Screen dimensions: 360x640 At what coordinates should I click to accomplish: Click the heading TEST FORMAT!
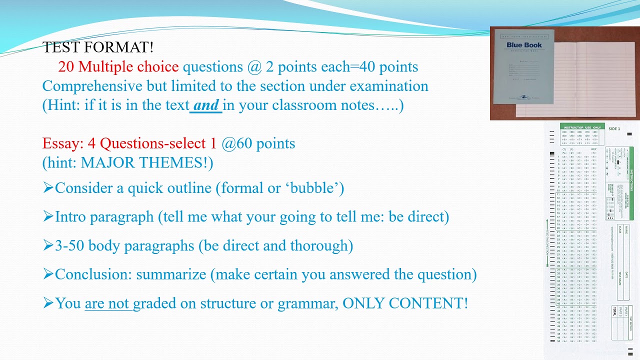click(x=98, y=47)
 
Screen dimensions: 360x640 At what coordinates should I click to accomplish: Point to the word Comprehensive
click(x=92, y=86)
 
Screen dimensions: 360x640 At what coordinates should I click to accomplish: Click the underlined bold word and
click(x=206, y=105)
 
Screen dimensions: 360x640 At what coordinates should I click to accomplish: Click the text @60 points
click(x=258, y=143)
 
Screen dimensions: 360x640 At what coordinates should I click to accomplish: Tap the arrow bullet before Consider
click(x=48, y=188)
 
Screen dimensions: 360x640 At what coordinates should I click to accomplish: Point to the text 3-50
click(x=69, y=245)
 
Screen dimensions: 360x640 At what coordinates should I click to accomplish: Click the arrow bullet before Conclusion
click(x=48, y=274)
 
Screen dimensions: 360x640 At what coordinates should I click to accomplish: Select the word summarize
click(x=171, y=274)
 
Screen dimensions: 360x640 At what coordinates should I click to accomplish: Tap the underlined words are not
click(x=107, y=303)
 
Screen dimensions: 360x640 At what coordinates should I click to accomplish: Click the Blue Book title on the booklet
click(x=524, y=45)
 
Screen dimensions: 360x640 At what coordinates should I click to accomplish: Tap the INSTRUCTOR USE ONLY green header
click(x=582, y=127)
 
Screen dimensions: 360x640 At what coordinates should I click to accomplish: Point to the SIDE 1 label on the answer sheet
click(x=614, y=128)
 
